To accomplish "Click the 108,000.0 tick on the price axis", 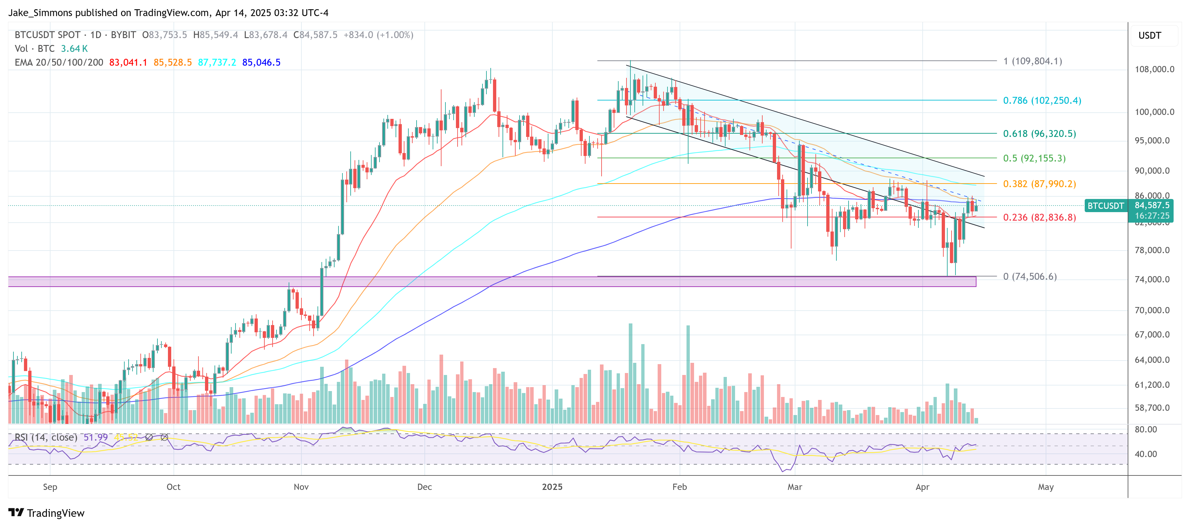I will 1154,69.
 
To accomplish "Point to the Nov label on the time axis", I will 301,487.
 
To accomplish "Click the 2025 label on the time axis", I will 552,487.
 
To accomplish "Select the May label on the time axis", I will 1046,487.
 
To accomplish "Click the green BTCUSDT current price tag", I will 1105,206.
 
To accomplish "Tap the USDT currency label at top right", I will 1149,35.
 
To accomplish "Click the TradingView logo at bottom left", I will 46,513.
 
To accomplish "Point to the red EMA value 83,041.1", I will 128,62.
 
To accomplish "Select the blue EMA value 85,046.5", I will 261,62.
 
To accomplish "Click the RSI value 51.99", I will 96,437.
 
